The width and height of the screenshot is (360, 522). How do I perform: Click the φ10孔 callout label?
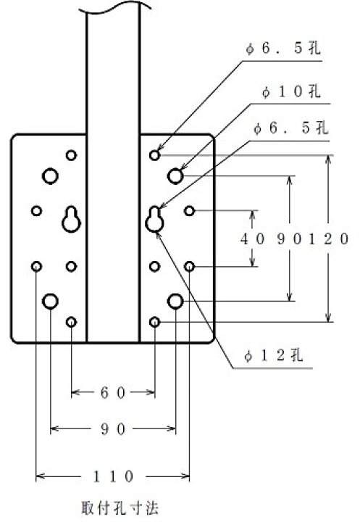pyautogui.click(x=291, y=91)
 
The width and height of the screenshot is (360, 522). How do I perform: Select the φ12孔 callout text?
pyautogui.click(x=274, y=356)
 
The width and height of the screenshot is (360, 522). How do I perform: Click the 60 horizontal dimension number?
pyautogui.click(x=113, y=393)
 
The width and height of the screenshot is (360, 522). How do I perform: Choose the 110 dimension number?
pyautogui.click(x=113, y=476)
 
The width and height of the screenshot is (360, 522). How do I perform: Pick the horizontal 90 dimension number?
pyautogui.click(x=113, y=428)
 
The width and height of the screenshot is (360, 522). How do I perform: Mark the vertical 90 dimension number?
pyautogui.click(x=290, y=239)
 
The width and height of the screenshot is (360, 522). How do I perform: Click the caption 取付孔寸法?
pyautogui.click(x=120, y=507)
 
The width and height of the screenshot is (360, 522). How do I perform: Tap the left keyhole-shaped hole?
pyautogui.click(x=71, y=219)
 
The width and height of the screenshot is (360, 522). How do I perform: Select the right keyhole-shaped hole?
pyautogui.click(x=154, y=219)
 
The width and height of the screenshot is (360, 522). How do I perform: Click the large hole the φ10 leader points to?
pyautogui.click(x=175, y=175)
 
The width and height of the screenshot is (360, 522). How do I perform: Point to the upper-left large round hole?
pyautogui.click(x=50, y=175)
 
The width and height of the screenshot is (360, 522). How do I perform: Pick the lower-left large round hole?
pyautogui.click(x=50, y=302)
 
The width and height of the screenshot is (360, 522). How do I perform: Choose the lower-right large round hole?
pyautogui.click(x=175, y=302)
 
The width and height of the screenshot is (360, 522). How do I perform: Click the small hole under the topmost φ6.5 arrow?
pyautogui.click(x=154, y=155)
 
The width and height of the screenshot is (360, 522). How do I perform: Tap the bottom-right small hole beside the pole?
pyautogui.click(x=154, y=322)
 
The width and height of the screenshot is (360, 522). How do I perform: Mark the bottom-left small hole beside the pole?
pyautogui.click(x=71, y=322)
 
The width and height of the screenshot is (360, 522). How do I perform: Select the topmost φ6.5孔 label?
pyautogui.click(x=282, y=49)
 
